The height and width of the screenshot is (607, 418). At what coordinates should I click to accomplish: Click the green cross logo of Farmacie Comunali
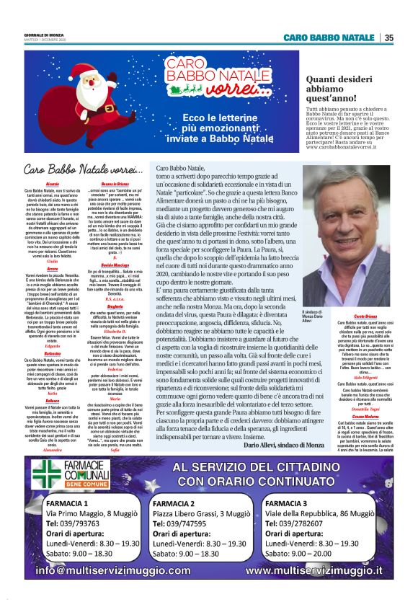click(x=45, y=489)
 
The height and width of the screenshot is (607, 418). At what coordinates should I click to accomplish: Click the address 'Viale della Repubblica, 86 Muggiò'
click(x=324, y=533)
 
